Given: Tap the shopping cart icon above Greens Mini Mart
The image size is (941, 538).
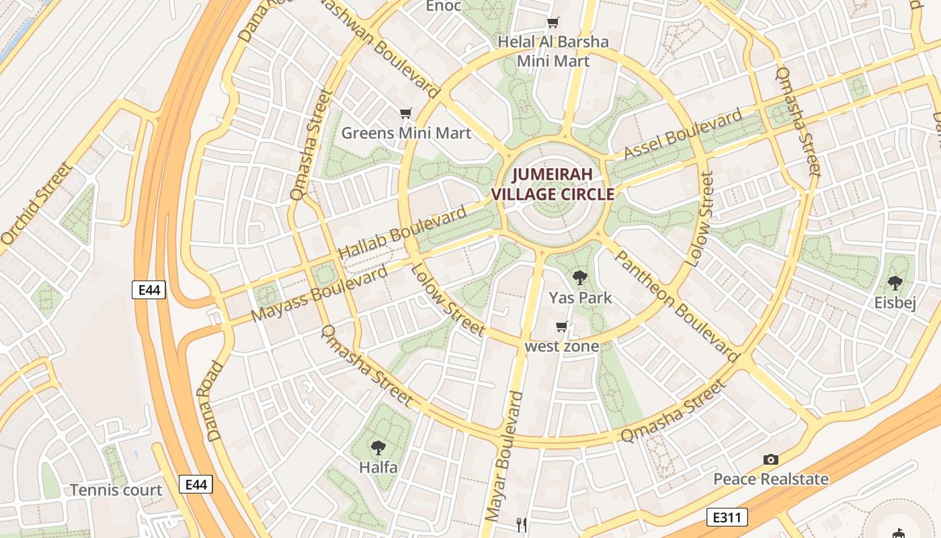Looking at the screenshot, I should point(405,113).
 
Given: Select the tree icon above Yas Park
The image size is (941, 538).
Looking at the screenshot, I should point(579,277).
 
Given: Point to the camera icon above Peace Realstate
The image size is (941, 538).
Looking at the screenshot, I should point(771,459).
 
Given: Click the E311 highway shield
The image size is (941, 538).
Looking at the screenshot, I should point(727,517).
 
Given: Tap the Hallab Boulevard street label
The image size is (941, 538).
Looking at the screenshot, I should point(402,233).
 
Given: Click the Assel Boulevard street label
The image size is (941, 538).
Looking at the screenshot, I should point(682,137).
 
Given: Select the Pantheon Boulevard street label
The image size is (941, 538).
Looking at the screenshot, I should point(677,306).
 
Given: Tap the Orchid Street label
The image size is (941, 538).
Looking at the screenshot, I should point(36,203).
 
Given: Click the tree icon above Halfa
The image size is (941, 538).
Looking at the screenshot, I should point(378,447).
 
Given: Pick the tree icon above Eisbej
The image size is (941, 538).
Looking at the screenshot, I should point(895,282).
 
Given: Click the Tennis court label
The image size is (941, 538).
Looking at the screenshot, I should point(116,490).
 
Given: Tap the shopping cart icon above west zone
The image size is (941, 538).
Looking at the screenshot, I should point(561,327).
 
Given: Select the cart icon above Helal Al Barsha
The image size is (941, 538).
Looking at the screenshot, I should point(553,23).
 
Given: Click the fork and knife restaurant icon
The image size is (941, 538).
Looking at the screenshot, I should point(521,524).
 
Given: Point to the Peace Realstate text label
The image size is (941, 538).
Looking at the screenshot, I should point(770,479).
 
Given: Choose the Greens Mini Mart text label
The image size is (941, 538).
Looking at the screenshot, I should point(406,132).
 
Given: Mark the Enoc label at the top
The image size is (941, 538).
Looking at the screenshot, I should point(444,6).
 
